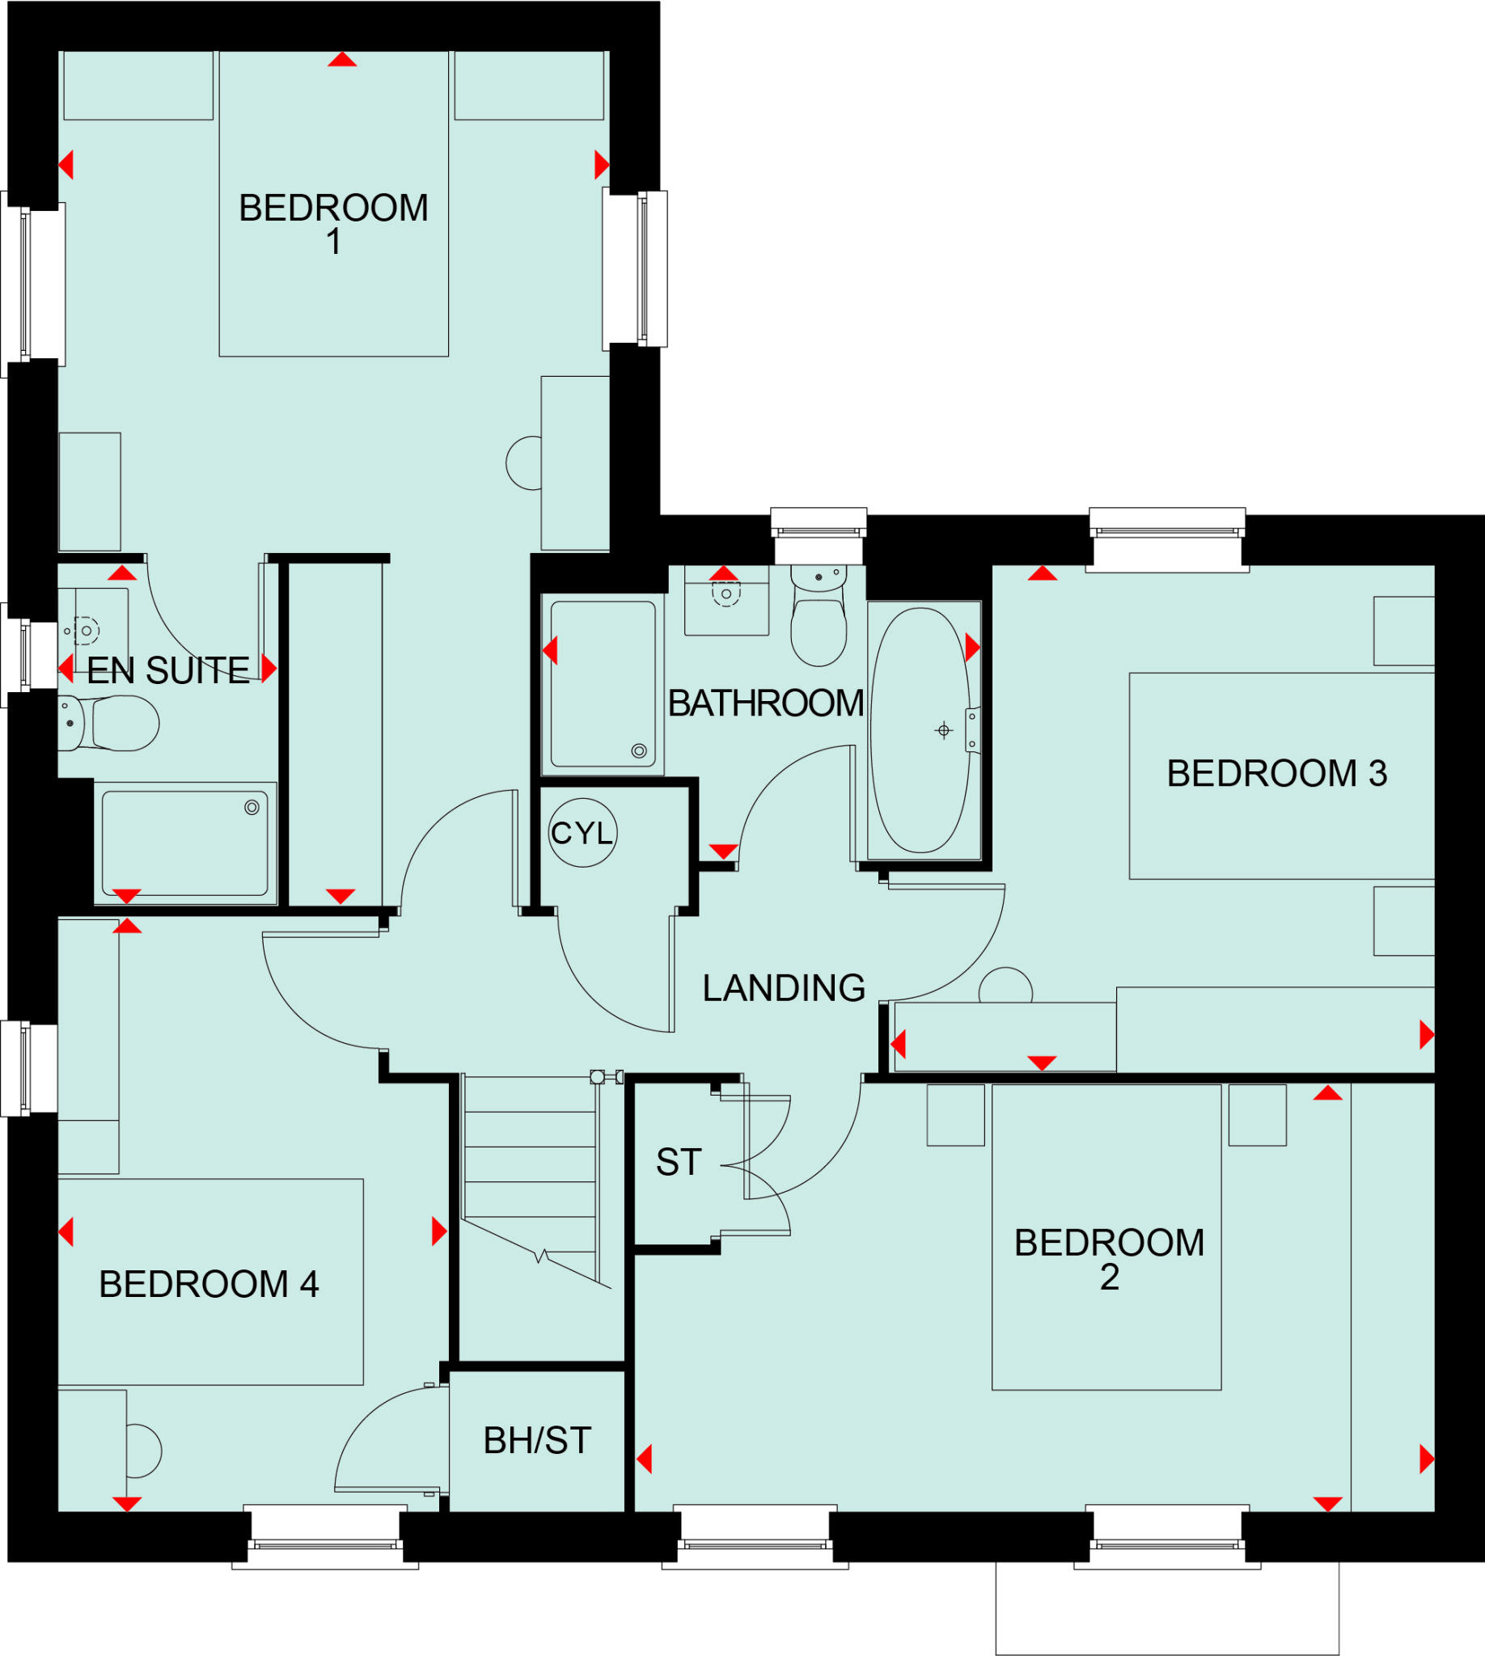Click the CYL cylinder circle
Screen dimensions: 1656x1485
pyautogui.click(x=582, y=832)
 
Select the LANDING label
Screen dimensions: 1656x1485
pyautogui.click(x=783, y=988)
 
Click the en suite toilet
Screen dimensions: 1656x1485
pyautogui.click(x=114, y=723)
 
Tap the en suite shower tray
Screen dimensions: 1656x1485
pyautogui.click(x=184, y=843)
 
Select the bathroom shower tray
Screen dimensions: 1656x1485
pyautogui.click(x=602, y=683)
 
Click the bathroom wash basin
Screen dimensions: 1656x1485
pyautogui.click(x=726, y=602)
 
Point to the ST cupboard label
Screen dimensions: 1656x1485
pyautogui.click(x=678, y=1163)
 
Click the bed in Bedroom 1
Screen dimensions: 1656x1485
pyautogui.click(x=334, y=204)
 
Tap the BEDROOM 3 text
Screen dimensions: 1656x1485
pyautogui.click(x=1276, y=773)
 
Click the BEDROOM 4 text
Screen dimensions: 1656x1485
pyautogui.click(x=208, y=1284)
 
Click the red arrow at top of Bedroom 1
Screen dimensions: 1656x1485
pyautogui.click(x=342, y=60)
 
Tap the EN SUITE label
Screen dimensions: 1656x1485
pyautogui.click(x=168, y=670)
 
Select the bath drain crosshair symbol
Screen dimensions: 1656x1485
pyautogui.click(x=943, y=730)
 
